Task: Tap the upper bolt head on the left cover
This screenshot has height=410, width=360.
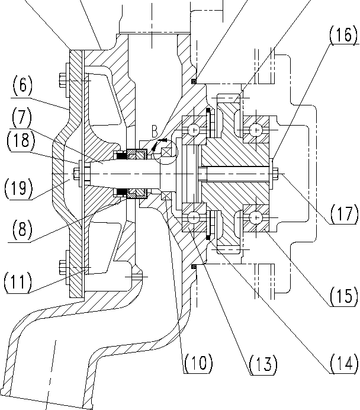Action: [x=62, y=79]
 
